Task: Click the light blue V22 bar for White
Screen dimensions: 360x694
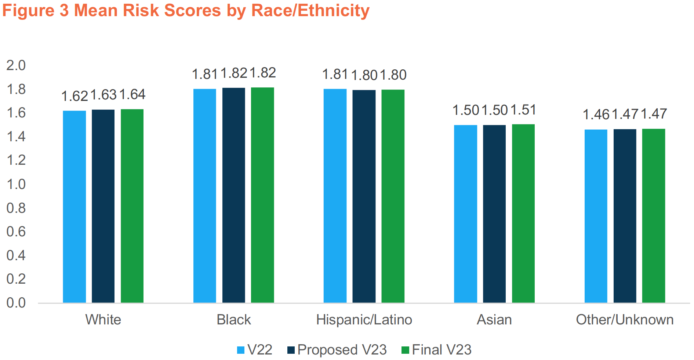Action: click(x=74, y=207)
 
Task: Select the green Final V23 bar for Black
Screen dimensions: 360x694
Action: click(x=262, y=195)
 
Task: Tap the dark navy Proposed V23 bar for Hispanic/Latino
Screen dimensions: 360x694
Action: click(x=364, y=196)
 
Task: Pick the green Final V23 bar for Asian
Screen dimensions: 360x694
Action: click(x=523, y=213)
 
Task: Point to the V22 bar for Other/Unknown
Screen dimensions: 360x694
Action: click(x=596, y=216)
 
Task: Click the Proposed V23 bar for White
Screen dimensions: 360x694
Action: click(x=103, y=206)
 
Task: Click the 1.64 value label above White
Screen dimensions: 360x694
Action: click(x=132, y=95)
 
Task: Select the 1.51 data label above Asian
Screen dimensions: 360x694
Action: click(x=523, y=110)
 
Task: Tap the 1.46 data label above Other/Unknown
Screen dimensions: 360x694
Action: click(x=596, y=114)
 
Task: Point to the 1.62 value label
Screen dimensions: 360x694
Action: click(x=75, y=96)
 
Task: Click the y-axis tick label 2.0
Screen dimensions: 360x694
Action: click(x=16, y=65)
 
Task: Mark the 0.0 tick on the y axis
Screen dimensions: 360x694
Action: click(x=16, y=303)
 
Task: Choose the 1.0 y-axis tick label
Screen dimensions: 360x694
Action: click(x=16, y=184)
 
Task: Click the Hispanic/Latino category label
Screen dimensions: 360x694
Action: click(x=364, y=320)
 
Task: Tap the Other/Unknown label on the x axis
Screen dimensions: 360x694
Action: click(x=625, y=320)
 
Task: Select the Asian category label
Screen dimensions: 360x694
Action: click(x=494, y=320)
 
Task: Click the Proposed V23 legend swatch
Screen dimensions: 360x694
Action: click(x=291, y=350)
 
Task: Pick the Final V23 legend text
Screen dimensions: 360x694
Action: click(x=442, y=350)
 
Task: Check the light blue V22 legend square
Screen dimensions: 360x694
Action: click(x=241, y=350)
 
